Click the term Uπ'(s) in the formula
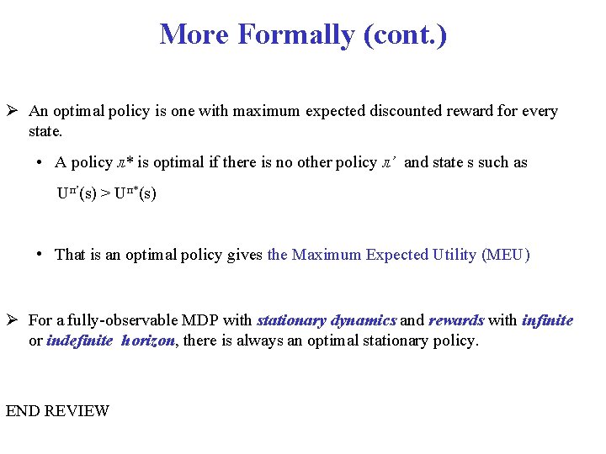tap(76, 193)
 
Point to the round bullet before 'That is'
tap(40, 254)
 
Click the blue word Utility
tap(449, 255)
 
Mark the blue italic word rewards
tap(456, 320)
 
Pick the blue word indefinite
tap(80, 340)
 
